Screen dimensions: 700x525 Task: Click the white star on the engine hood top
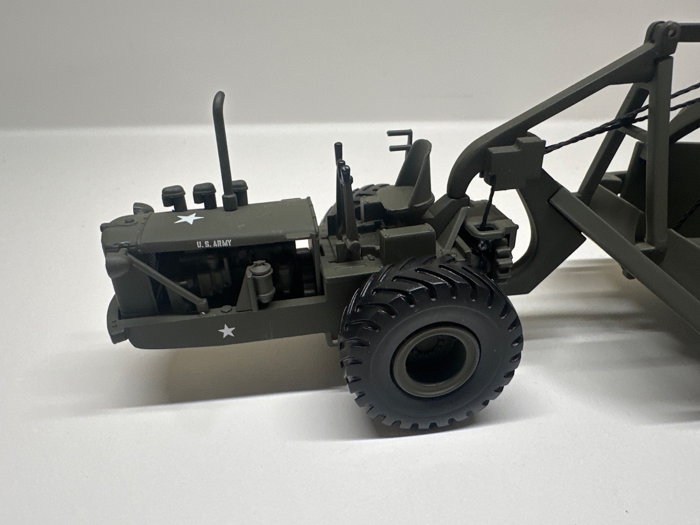tap(189, 219)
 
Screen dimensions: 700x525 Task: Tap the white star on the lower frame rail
tap(227, 331)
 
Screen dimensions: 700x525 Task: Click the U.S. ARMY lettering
tap(213, 244)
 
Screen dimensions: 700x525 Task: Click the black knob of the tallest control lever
tap(337, 149)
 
